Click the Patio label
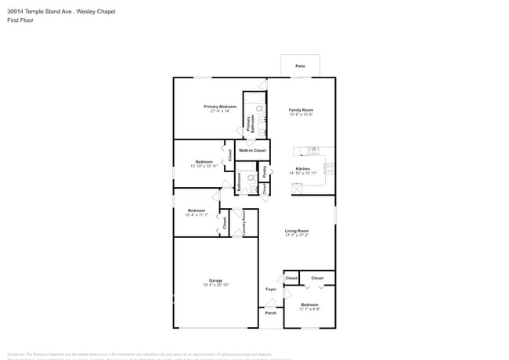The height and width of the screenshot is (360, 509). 300,67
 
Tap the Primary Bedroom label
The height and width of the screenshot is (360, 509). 220,106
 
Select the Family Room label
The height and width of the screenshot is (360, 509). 301,110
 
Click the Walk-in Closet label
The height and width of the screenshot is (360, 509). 252,150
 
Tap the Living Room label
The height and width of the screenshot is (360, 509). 297,231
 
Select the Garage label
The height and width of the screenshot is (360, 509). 215,280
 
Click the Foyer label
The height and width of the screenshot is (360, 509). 270,289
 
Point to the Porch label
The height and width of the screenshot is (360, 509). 270,314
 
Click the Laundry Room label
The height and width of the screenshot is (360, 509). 244,222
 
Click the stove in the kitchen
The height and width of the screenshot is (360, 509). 330,167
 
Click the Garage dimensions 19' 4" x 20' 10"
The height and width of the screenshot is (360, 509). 215,285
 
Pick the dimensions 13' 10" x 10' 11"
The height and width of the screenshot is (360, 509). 204,166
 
